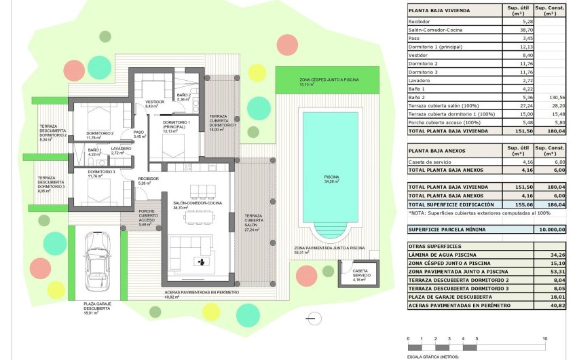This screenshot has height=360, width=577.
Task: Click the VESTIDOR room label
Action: pos(155,102)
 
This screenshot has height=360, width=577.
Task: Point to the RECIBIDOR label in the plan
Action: pos(148,179)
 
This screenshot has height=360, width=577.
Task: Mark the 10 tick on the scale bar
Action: pos(544,338)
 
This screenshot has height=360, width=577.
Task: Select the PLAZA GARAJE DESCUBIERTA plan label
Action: pos(98,306)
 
